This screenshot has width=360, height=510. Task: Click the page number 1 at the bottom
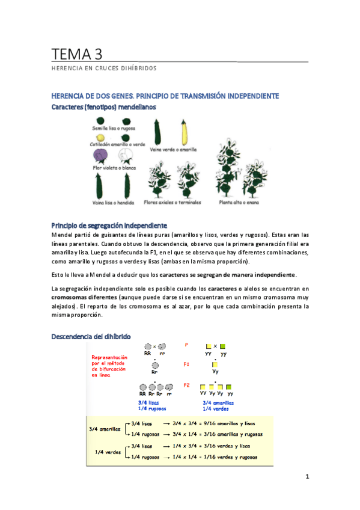click(307, 476)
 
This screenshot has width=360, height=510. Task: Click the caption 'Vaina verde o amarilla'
click(174, 150)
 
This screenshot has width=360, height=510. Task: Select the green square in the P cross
click(223, 347)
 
